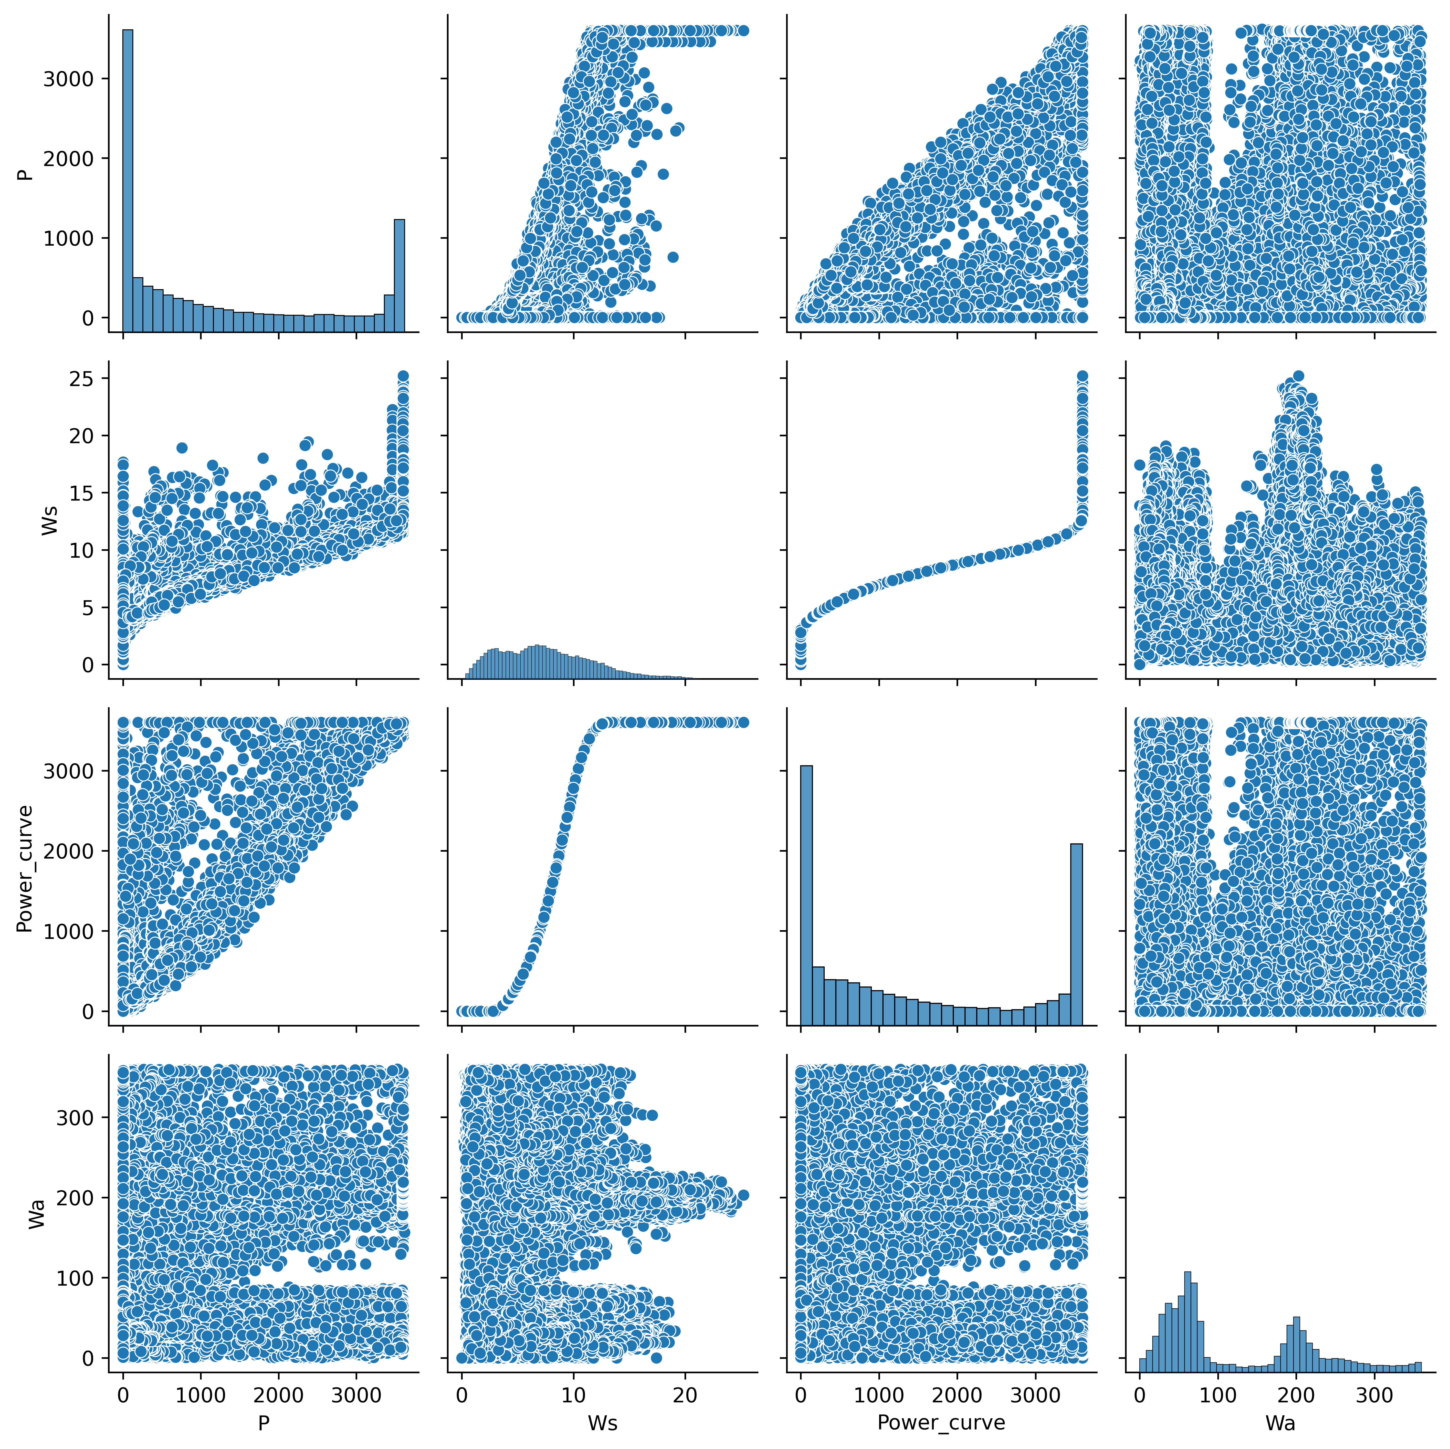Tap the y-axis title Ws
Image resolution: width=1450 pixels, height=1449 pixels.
pyautogui.click(x=50, y=521)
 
